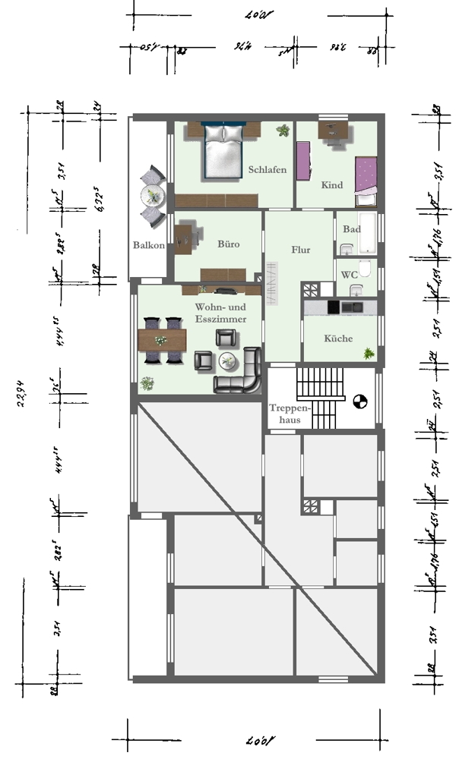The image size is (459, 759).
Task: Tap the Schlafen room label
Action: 267,169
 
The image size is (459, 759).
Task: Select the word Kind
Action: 332,185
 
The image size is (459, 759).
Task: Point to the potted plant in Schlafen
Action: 283,131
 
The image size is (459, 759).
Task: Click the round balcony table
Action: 154,196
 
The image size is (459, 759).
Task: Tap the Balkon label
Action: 149,245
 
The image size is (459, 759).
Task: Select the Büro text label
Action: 228,244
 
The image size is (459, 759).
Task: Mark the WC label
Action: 349,275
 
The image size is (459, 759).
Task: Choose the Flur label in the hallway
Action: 301,250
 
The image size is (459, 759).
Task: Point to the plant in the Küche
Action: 369,354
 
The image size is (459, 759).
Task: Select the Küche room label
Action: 338,339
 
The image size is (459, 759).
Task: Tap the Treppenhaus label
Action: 283,413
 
